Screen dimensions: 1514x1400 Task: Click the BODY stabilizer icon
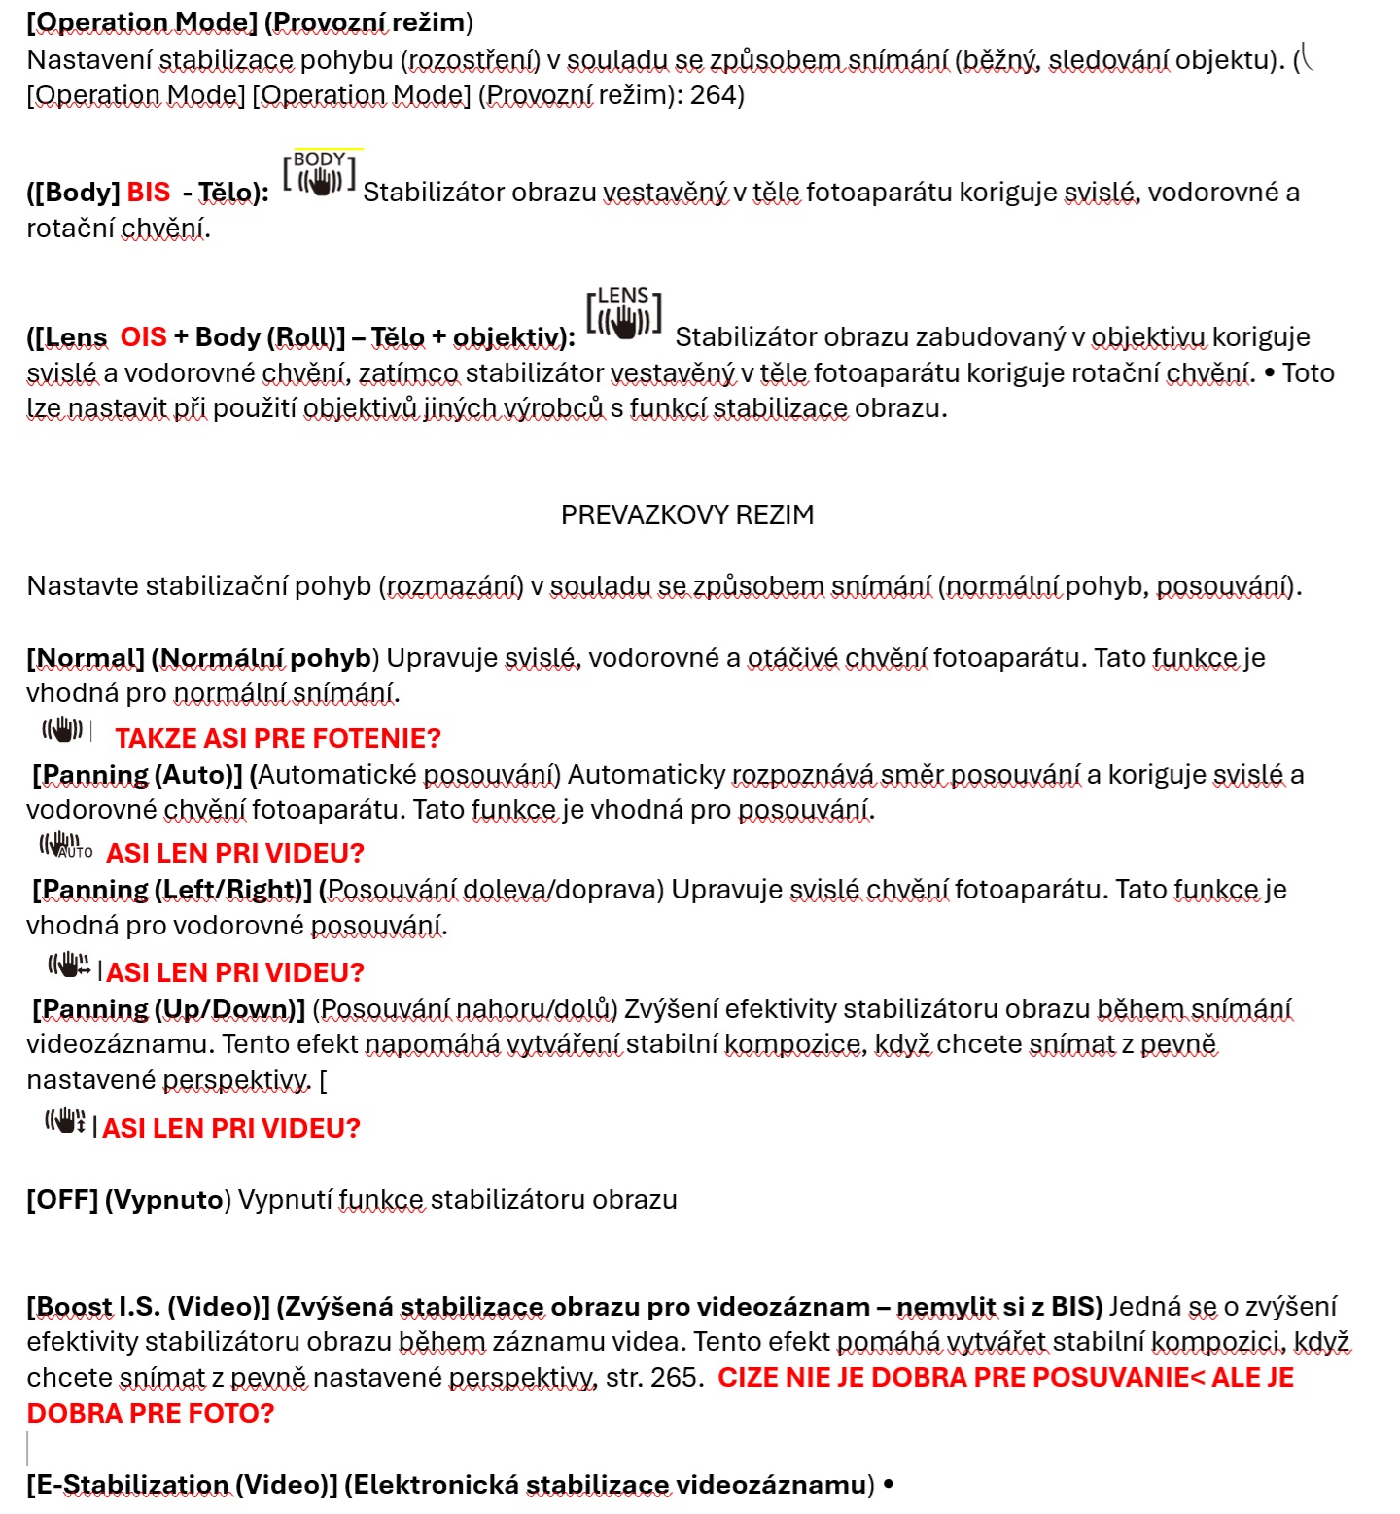click(x=319, y=174)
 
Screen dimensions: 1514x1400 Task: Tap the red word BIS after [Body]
click(x=149, y=193)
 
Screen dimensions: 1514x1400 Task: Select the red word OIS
click(x=144, y=337)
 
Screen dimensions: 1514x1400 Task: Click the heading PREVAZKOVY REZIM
click(x=687, y=515)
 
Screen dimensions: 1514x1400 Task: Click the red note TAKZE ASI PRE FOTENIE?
click(x=278, y=739)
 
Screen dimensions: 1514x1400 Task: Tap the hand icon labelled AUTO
click(x=65, y=847)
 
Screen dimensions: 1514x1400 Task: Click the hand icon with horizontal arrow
click(x=69, y=966)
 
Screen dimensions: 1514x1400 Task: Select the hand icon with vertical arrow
click(x=65, y=1121)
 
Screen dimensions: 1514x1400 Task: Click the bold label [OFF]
click(x=62, y=1200)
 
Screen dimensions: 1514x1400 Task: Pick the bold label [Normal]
click(x=86, y=659)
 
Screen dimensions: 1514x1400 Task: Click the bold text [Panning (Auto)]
click(x=137, y=775)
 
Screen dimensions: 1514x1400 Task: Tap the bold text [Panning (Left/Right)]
click(x=172, y=890)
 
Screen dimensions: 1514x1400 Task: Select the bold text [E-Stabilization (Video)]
click(x=182, y=1485)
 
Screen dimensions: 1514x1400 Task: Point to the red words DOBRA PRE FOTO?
click(x=151, y=1414)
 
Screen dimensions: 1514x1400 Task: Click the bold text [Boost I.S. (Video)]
click(x=148, y=1307)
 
